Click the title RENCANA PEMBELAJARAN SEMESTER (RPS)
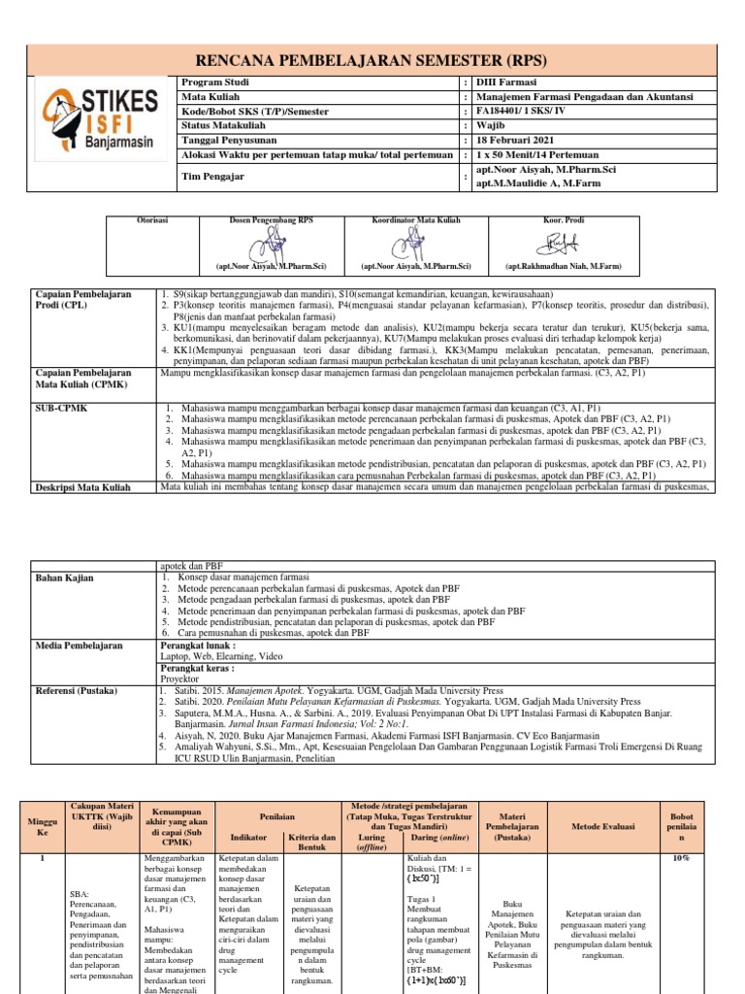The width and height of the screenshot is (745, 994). tap(372, 57)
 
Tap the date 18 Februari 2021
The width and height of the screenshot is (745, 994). tap(516, 140)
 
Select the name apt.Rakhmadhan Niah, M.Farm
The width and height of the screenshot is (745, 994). tap(563, 265)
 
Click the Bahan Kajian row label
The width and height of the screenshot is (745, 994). tap(65, 578)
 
